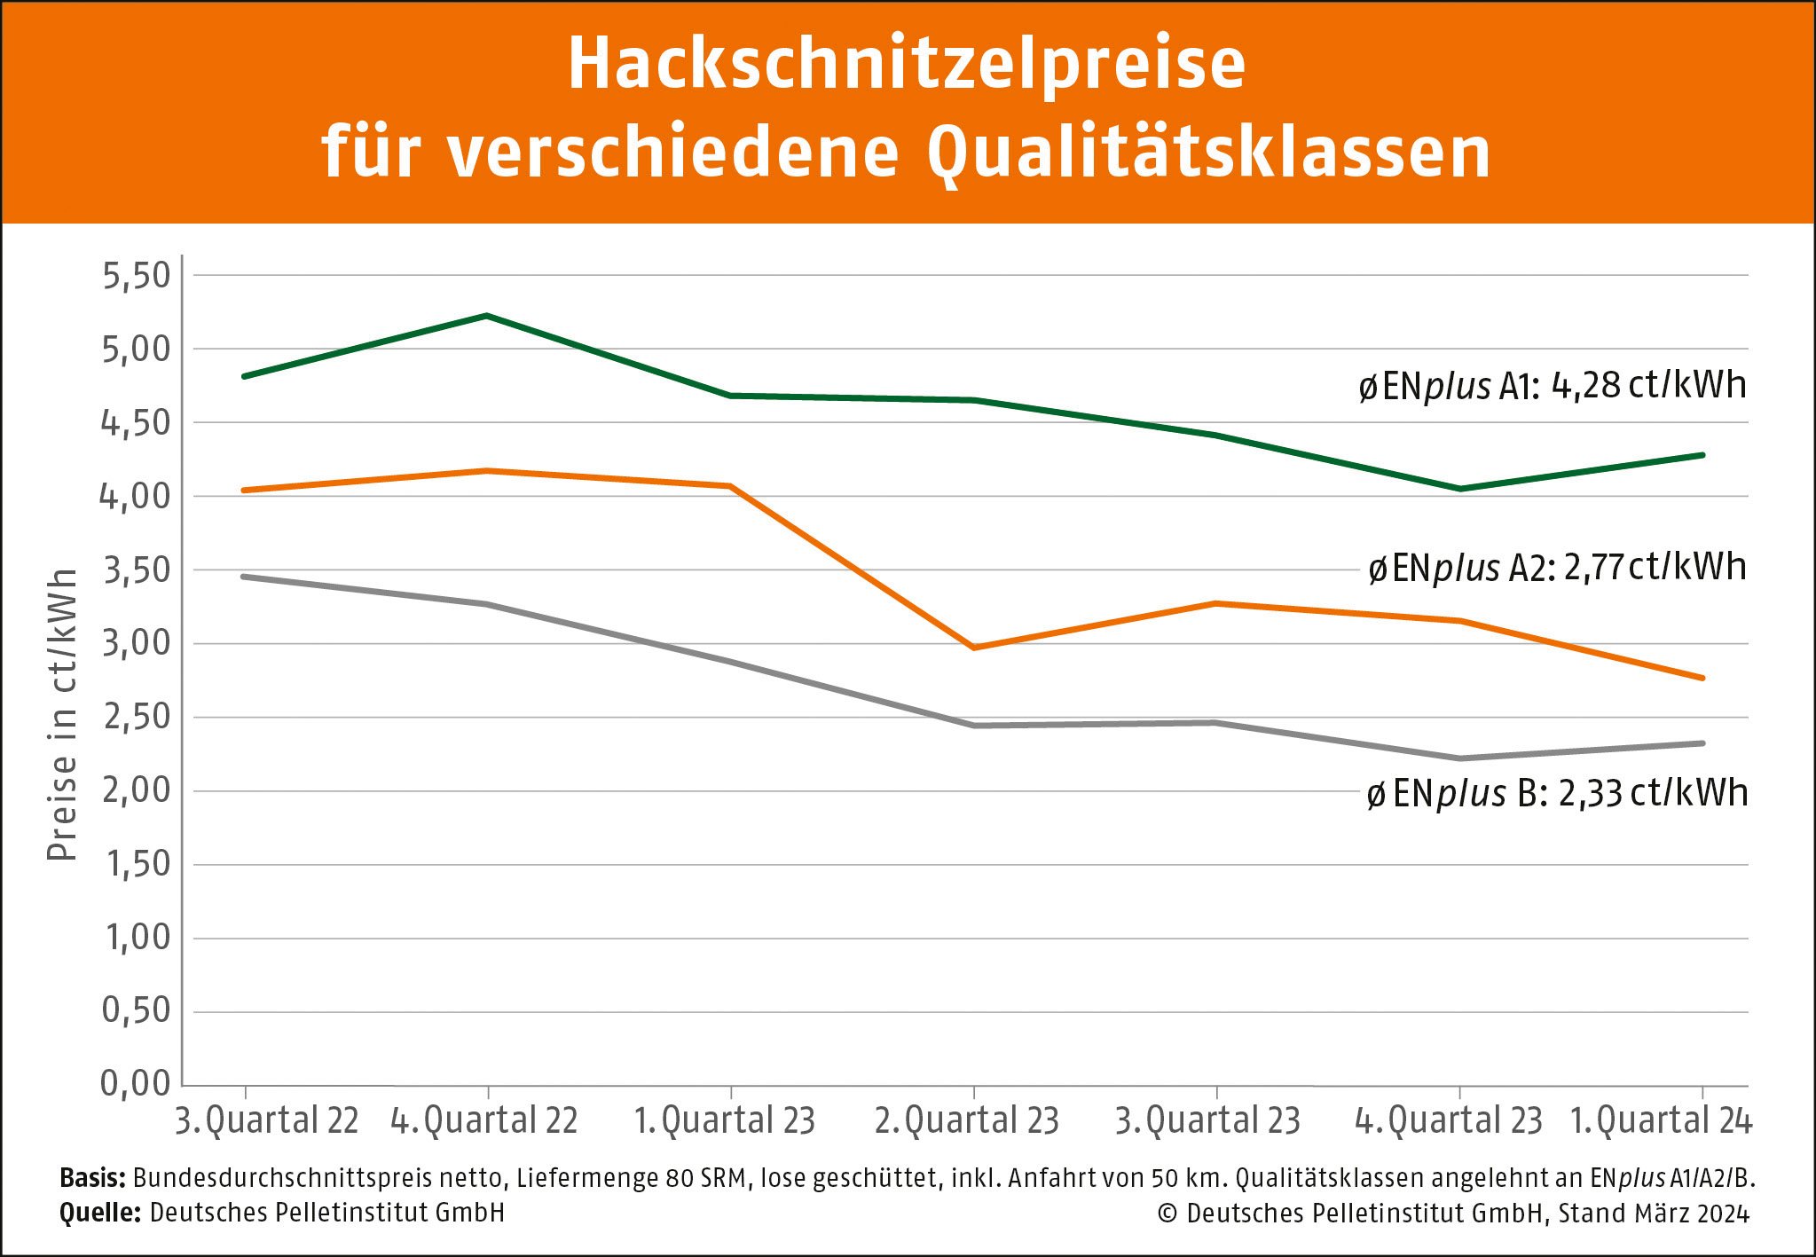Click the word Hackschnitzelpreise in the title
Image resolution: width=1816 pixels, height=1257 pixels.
tap(906, 64)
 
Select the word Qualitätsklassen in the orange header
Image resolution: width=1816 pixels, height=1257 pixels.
tap(1208, 153)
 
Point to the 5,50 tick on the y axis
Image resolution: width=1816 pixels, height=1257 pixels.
tap(137, 276)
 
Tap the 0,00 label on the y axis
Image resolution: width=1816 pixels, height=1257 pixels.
tap(135, 1083)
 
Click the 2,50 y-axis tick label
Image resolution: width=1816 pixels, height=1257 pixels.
tap(137, 717)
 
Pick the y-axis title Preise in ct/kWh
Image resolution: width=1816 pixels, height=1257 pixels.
tap(62, 715)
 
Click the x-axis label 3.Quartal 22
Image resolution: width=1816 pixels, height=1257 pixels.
tap(266, 1120)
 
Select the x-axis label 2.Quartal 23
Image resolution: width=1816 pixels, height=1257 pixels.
tap(967, 1120)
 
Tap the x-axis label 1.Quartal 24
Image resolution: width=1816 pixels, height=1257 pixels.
tap(1661, 1120)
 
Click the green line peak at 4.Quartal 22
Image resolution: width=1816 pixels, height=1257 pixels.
tap(487, 316)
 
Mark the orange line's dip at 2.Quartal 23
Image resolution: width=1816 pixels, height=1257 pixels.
tap(974, 648)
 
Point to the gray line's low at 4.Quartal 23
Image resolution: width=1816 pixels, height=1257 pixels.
tap(1459, 758)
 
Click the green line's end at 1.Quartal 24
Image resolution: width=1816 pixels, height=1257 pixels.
tap(1702, 455)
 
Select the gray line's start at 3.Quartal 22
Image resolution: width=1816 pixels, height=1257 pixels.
tap(245, 577)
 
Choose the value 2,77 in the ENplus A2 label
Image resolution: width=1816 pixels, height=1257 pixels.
tap(1593, 568)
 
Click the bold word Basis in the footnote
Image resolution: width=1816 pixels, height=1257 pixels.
tap(92, 1178)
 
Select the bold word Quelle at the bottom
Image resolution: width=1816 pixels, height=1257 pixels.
tap(100, 1213)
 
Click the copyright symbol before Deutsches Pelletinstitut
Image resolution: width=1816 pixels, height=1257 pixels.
tap(1167, 1214)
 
